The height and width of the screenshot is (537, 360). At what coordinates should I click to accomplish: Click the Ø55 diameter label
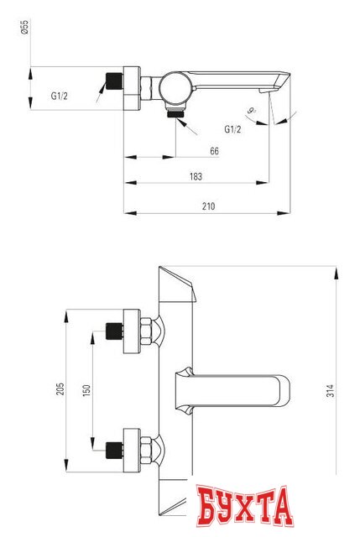pos(24,29)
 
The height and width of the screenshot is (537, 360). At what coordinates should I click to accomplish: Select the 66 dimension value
pos(214,150)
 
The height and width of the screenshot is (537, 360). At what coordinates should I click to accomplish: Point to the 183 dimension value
pos(196,177)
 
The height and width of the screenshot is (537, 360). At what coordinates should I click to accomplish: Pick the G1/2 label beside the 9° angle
pos(232,128)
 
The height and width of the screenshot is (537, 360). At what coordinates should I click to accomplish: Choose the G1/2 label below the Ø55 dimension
pos(59,96)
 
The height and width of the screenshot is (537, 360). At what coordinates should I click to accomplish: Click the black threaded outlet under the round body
pos(175,112)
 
